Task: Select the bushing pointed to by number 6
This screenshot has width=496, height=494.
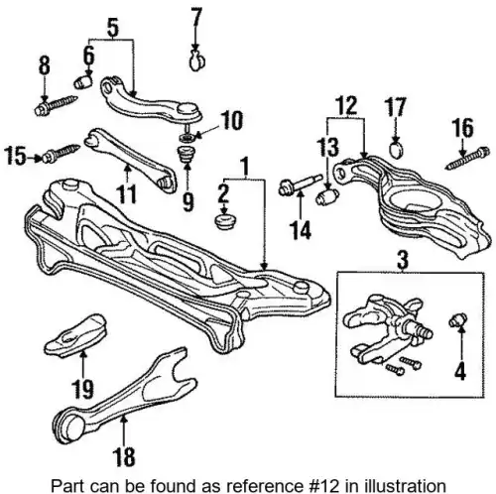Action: [x=83, y=82]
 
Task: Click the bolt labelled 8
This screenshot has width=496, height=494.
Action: [x=56, y=105]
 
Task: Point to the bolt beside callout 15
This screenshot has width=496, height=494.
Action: [x=62, y=153]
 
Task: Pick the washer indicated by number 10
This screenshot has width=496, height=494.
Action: [x=187, y=137]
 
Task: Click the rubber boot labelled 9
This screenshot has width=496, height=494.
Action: [x=187, y=154]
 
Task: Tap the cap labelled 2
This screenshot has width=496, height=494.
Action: [x=224, y=221]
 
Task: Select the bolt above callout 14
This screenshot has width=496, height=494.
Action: [x=301, y=185]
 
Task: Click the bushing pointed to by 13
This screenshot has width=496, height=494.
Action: [x=327, y=195]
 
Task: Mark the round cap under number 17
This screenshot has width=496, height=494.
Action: [x=397, y=150]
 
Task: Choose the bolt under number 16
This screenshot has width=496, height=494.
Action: [x=467, y=159]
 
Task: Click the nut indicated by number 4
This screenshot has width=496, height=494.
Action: [x=457, y=319]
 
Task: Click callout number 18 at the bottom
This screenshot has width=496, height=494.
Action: [x=124, y=456]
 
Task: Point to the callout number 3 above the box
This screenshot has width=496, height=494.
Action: [x=403, y=259]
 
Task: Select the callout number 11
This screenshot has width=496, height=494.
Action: [x=126, y=194]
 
